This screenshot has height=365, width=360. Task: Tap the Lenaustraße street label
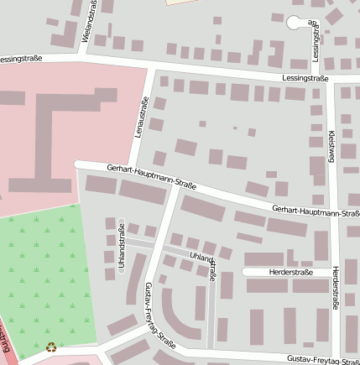pyautogui.click(x=143, y=117)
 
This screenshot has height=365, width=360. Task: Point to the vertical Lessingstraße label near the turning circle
pyautogui.click(x=316, y=38)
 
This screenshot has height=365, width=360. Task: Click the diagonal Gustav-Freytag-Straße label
pyautogui.click(x=159, y=315)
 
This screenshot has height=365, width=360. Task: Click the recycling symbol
pyautogui.click(x=51, y=346)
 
